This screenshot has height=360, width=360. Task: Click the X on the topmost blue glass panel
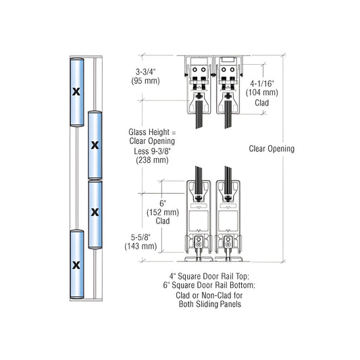76,91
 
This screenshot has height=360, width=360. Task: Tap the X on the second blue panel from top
95,144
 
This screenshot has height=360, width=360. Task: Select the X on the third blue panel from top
95,212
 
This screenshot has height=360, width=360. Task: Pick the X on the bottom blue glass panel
76,263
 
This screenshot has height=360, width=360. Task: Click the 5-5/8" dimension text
140,236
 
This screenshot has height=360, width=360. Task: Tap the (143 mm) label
140,247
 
